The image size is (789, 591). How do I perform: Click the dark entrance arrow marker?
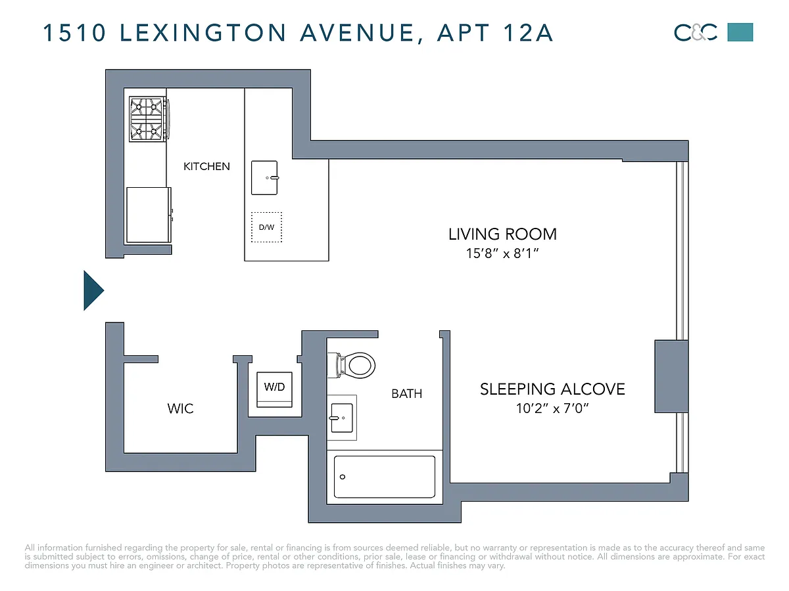pyautogui.click(x=93, y=290)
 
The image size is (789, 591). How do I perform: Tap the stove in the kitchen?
pyautogui.click(x=149, y=119)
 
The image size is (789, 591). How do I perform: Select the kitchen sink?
pyautogui.click(x=264, y=177)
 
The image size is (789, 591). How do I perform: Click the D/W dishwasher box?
pyautogui.click(x=266, y=227)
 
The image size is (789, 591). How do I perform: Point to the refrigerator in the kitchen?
pyautogui.click(x=149, y=215)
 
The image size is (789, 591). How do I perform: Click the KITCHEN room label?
pyautogui.click(x=206, y=167)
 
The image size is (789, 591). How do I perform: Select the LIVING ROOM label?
pyautogui.click(x=502, y=234)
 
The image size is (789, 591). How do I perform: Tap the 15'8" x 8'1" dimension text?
pyautogui.click(x=502, y=253)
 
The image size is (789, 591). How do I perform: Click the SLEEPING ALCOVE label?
pyautogui.click(x=552, y=389)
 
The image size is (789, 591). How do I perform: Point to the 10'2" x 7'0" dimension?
pyautogui.click(x=552, y=408)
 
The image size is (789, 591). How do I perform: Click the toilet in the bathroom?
pyautogui.click(x=351, y=365)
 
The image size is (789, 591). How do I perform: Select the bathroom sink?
pyautogui.click(x=341, y=418)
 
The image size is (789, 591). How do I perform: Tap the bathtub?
pyautogui.click(x=384, y=477)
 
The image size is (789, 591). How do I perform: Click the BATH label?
pyautogui.click(x=406, y=394)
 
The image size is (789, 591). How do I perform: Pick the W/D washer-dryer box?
pyautogui.click(x=274, y=389)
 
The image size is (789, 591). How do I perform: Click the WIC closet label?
pyautogui.click(x=180, y=408)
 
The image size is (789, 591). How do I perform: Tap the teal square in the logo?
pyautogui.click(x=740, y=32)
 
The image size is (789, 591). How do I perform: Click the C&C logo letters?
pyautogui.click(x=695, y=33)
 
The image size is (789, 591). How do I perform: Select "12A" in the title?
pyautogui.click(x=528, y=33)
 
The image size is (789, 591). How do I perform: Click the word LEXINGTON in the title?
pyautogui.click(x=203, y=33)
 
